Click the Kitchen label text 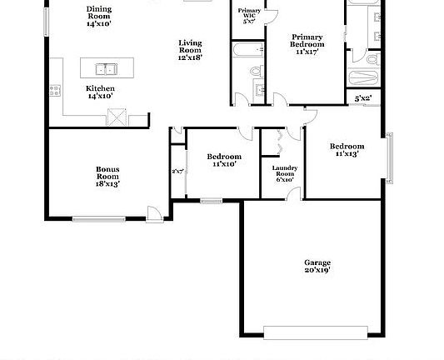[100, 88]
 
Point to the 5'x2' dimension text [363, 98]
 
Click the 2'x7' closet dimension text [177, 172]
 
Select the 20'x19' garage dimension [317, 270]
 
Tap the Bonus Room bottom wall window [100, 219]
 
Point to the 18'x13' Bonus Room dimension [107, 183]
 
